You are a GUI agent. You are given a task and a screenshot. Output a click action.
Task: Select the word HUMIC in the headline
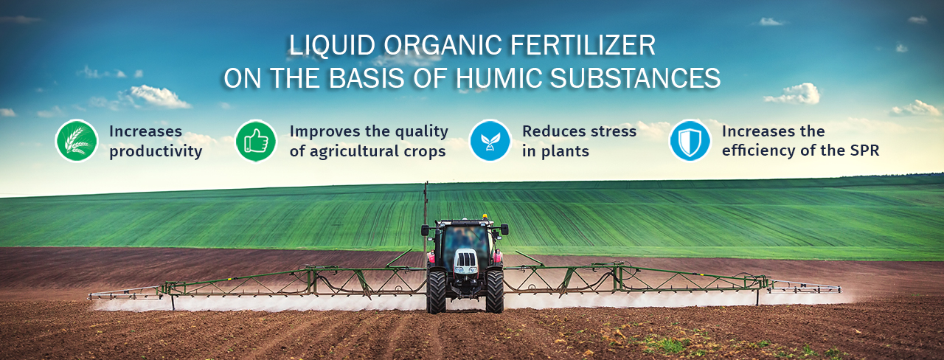(499, 78)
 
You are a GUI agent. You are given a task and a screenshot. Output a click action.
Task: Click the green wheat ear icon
(77, 141)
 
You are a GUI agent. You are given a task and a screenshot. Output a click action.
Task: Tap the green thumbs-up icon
(256, 141)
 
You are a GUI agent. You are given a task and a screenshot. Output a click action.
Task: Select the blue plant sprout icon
(490, 141)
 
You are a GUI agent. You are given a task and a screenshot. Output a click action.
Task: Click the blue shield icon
(690, 141)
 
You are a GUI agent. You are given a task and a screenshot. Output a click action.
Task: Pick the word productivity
(156, 151)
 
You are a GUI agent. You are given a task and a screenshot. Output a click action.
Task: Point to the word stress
(614, 131)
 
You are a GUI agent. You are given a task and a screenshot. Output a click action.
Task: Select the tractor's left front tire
(437, 291)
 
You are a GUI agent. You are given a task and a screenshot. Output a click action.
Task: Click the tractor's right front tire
(494, 291)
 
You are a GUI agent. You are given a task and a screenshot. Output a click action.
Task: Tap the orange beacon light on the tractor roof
(485, 217)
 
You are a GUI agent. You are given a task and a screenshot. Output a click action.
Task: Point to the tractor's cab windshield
(465, 241)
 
